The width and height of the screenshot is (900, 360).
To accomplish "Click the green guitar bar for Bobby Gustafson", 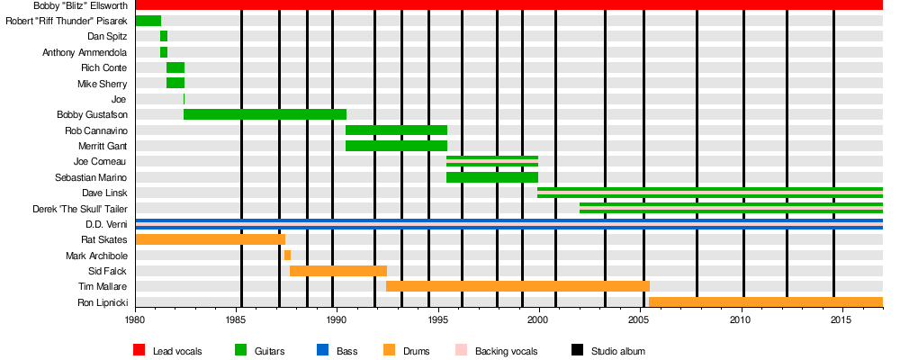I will pyautogui.click(x=265, y=114).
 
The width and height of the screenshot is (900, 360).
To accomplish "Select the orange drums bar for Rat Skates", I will pyautogui.click(x=210, y=239).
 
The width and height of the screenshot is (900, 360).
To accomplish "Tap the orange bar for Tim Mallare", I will pyautogui.click(x=517, y=286).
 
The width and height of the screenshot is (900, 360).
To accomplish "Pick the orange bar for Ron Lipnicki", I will pyautogui.click(x=765, y=301).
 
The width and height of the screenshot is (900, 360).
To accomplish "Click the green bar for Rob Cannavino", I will pyautogui.click(x=396, y=130).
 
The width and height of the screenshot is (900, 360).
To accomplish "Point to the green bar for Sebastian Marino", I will pyautogui.click(x=491, y=177).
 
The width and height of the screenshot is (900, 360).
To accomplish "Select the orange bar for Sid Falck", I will pyautogui.click(x=338, y=271).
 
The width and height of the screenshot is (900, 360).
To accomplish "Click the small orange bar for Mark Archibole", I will pyautogui.click(x=287, y=255).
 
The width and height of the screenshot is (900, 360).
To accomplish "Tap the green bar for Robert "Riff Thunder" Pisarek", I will pyautogui.click(x=148, y=21).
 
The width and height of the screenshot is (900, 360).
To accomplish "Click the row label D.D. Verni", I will pyautogui.click(x=106, y=224).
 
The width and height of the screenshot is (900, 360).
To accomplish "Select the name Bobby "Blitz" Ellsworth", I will pyautogui.click(x=80, y=5).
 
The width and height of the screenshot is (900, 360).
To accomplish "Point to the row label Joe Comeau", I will pyautogui.click(x=101, y=162).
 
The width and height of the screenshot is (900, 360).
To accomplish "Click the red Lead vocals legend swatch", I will pyautogui.click(x=139, y=350).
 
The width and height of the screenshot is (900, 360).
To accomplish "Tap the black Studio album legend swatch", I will pyautogui.click(x=578, y=350).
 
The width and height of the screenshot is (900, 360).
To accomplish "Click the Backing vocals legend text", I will pyautogui.click(x=508, y=351).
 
